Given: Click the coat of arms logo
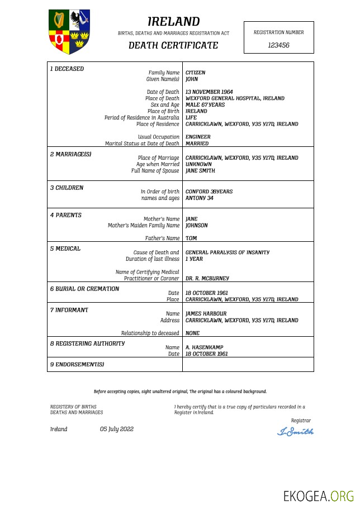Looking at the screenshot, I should (70, 31).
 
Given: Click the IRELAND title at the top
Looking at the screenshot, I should (173, 22).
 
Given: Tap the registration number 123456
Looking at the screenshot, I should (278, 45).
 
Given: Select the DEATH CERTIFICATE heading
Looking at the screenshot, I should (173, 45).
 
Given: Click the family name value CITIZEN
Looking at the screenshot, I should (195, 73).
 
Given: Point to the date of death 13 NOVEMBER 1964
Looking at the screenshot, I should (209, 92).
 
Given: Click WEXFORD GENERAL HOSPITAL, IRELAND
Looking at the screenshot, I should (235, 98).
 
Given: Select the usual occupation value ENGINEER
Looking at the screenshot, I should (198, 137).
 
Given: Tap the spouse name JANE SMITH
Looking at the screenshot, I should (200, 171).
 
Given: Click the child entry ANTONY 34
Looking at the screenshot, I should (199, 198).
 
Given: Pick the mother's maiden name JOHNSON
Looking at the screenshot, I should (196, 226).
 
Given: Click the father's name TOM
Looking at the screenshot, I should (191, 238).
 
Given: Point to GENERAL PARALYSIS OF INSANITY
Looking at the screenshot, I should (227, 252).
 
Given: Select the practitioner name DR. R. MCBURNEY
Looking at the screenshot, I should (207, 278).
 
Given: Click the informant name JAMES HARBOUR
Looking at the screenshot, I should (206, 314).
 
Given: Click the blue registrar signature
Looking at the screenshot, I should (296, 432).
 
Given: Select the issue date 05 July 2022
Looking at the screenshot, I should (117, 429).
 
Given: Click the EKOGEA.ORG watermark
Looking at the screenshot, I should (318, 496).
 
